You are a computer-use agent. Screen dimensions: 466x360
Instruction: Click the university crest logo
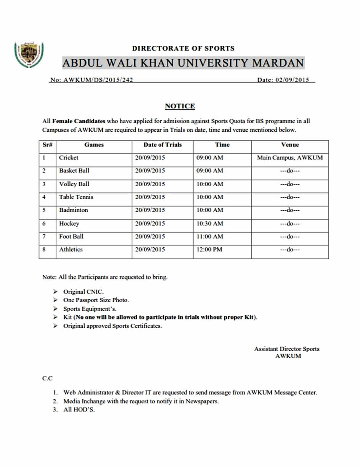(29, 55)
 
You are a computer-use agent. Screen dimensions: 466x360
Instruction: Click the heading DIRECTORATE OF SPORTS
(183, 48)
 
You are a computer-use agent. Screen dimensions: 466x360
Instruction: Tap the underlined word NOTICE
(180, 106)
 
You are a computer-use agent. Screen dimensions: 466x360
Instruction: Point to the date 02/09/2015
(292, 80)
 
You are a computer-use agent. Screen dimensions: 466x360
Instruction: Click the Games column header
(94, 145)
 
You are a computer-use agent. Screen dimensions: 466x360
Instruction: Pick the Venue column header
(290, 145)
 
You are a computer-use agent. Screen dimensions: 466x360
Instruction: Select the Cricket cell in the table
(69, 157)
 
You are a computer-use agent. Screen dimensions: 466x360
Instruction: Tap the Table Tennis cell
(76, 197)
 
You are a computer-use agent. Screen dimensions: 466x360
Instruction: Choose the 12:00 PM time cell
(209, 250)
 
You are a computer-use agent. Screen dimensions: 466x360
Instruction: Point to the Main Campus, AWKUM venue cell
(290, 157)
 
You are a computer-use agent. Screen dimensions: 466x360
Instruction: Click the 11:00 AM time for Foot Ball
(210, 237)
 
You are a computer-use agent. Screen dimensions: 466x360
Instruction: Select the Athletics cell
(71, 250)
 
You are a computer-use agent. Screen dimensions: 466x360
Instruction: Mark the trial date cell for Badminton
(150, 210)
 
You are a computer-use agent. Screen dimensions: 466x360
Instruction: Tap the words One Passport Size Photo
(96, 300)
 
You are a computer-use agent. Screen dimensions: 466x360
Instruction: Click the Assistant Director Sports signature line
(287, 349)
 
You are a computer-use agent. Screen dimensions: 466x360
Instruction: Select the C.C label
(47, 378)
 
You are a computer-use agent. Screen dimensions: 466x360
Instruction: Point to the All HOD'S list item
(79, 410)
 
